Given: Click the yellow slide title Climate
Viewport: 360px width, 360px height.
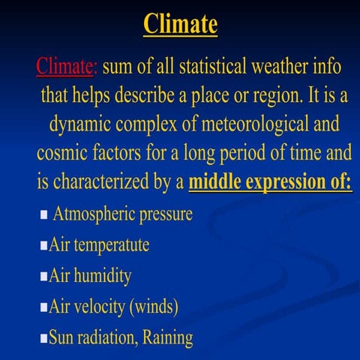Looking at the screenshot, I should click(x=180, y=24).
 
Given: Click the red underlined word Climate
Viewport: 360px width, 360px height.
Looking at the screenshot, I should click(x=66, y=67).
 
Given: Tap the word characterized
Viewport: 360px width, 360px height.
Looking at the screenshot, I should click(x=106, y=181).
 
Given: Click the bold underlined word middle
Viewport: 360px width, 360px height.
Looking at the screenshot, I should click(x=217, y=181).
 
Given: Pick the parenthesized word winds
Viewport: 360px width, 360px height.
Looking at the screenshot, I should click(x=153, y=307).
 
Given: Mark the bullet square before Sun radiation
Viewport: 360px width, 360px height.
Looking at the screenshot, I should click(x=44, y=338).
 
